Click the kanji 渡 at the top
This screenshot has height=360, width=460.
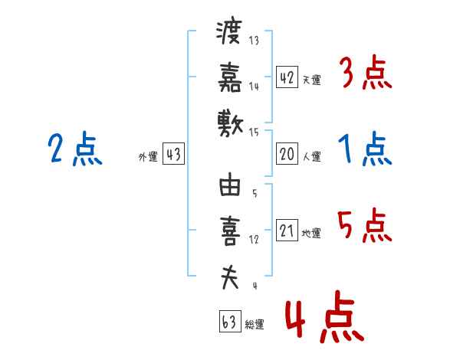(x=229, y=34)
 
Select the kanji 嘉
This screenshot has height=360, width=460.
(x=229, y=77)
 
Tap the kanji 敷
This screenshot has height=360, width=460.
(x=229, y=122)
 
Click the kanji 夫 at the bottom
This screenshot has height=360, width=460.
(x=229, y=277)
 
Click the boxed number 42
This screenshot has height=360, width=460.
(x=287, y=77)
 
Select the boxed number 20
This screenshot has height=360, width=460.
(x=287, y=154)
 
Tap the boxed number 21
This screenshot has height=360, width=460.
(x=287, y=231)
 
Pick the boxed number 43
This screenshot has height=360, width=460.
(x=172, y=155)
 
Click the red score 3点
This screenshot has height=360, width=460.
(x=366, y=75)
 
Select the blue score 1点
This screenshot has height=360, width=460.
(x=366, y=149)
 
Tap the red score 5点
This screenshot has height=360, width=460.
(x=366, y=226)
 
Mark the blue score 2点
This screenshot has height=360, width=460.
(x=74, y=149)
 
